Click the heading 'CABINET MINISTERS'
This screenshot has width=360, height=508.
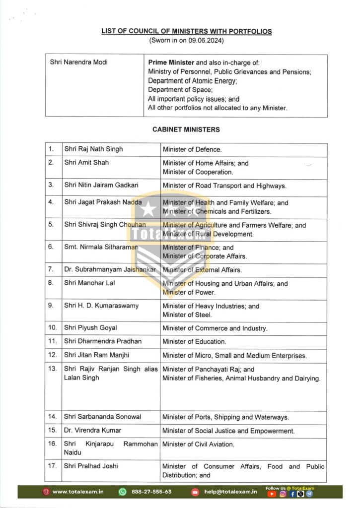tap(186, 129)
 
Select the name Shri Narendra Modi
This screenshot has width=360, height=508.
tap(79, 63)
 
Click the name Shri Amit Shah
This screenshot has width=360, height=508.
tap(86, 163)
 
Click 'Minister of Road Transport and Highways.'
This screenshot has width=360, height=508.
tap(224, 186)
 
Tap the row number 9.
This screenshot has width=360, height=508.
tap(51, 306)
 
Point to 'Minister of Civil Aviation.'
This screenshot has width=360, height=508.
tap(198, 444)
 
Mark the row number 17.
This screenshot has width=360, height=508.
tap(53, 466)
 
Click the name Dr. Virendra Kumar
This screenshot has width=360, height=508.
tap(92, 430)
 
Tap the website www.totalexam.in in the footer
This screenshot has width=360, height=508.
tap(77, 492)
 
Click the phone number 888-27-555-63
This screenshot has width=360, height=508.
tap(151, 492)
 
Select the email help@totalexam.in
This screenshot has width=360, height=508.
tap(229, 492)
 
